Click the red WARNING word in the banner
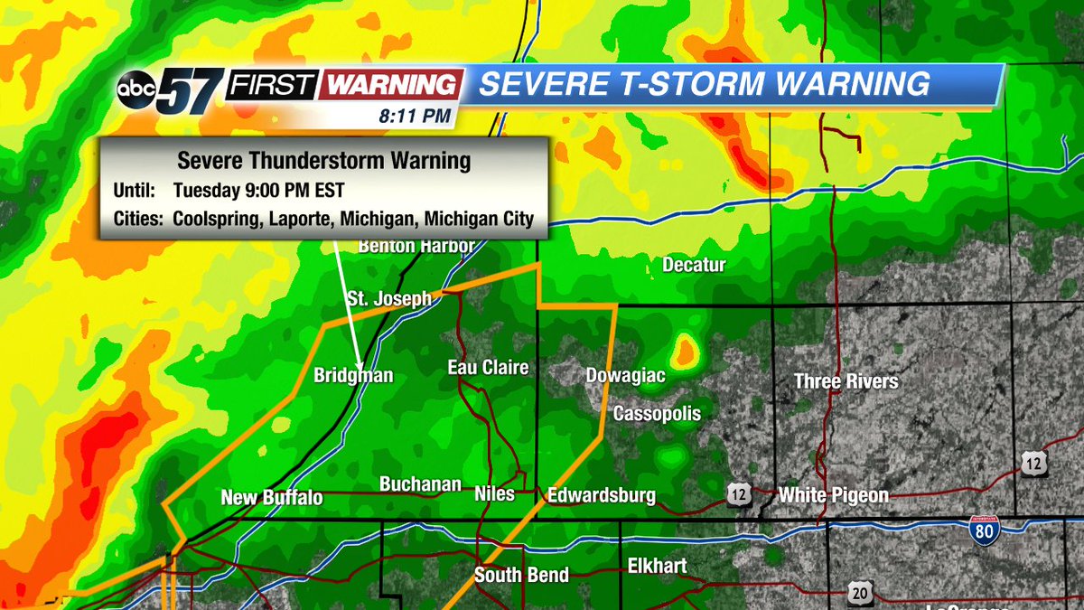pos(390,84)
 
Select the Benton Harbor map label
pos(404,246)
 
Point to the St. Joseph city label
pos(389,299)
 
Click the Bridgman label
pos(353,375)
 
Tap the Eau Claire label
pos(488,368)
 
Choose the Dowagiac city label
pos(625,375)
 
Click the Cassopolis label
pos(657,413)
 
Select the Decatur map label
pos(694,265)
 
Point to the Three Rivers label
pos(846,381)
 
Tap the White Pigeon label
pos(833,494)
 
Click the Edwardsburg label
pos(601,494)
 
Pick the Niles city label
pos(494,493)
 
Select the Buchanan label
pos(420,484)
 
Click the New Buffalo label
pos(271,498)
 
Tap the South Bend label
pos(522,576)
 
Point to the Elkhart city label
pos(657,567)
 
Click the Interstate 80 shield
pos(986,530)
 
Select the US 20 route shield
pos(861,592)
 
